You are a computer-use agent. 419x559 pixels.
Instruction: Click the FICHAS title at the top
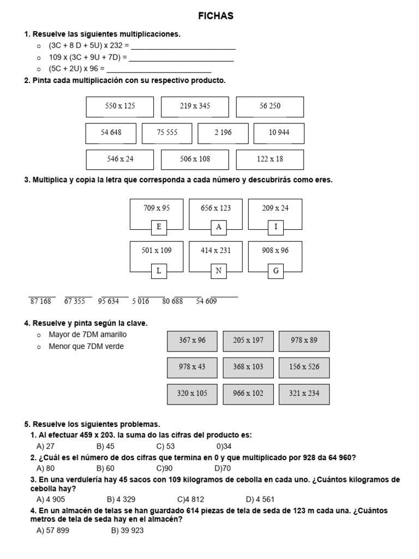pyautogui.click(x=216, y=16)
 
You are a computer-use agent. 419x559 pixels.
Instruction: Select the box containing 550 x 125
pyautogui.click(x=119, y=106)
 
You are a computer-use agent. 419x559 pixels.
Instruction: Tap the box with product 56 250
pyautogui.click(x=270, y=106)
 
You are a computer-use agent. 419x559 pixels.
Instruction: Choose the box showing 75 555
pyautogui.click(x=167, y=133)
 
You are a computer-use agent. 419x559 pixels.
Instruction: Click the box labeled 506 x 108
pyautogui.click(x=195, y=159)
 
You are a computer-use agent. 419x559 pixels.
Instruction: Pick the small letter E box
pyautogui.click(x=159, y=227)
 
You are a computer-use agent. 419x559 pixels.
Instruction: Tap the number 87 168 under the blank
pyautogui.click(x=41, y=301)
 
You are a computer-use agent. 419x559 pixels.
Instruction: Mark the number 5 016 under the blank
pyautogui.click(x=140, y=301)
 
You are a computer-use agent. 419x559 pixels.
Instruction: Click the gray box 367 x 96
pyautogui.click(x=192, y=341)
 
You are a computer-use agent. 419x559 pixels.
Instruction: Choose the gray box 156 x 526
pyautogui.click(x=304, y=367)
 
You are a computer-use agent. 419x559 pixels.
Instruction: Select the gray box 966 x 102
pyautogui.click(x=248, y=394)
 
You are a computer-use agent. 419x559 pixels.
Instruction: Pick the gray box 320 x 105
pyautogui.click(x=192, y=394)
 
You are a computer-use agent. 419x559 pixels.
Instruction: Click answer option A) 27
pyautogui.click(x=45, y=446)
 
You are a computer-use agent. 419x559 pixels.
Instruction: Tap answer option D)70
pyautogui.click(x=223, y=468)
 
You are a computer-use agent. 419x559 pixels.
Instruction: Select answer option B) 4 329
pyautogui.click(x=121, y=499)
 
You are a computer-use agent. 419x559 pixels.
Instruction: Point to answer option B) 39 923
pyautogui.click(x=127, y=530)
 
